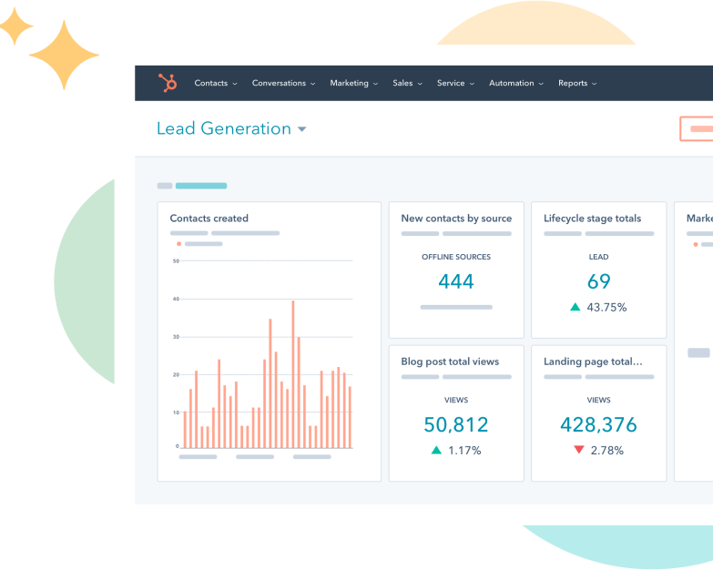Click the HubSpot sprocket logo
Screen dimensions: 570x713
(x=168, y=83)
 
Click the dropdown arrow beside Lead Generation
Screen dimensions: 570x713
(x=302, y=129)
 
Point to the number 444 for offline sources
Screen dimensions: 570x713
(x=456, y=281)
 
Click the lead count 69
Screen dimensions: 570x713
(x=599, y=281)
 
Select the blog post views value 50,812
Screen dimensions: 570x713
(x=456, y=424)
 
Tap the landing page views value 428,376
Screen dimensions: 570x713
(x=599, y=424)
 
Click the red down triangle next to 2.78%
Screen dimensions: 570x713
(x=578, y=450)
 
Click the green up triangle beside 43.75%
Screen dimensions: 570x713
(x=575, y=307)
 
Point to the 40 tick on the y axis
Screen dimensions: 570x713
(x=176, y=299)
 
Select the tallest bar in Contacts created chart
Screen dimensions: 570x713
(x=292, y=373)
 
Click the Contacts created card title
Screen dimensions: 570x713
(x=209, y=219)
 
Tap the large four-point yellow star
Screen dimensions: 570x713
(x=63, y=55)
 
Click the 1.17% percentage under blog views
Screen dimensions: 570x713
(x=464, y=451)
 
